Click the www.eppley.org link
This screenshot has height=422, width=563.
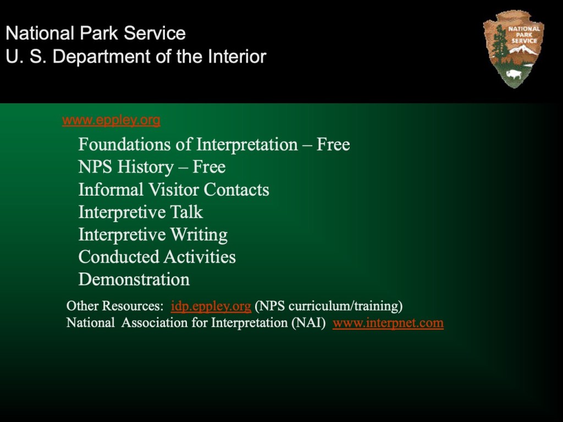click(111, 120)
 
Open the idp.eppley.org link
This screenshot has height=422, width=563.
click(211, 306)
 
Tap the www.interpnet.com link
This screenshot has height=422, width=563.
click(388, 323)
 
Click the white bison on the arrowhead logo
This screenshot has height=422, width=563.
click(514, 75)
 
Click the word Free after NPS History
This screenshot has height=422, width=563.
click(209, 167)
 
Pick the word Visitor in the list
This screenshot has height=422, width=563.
click(174, 190)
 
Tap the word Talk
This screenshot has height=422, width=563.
click(186, 212)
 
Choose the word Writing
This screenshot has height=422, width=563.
click(199, 235)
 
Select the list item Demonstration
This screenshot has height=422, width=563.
click(134, 280)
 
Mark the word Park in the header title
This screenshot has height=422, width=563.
click(99, 33)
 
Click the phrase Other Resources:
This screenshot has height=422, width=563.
click(115, 306)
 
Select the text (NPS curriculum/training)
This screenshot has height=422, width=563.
click(329, 306)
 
